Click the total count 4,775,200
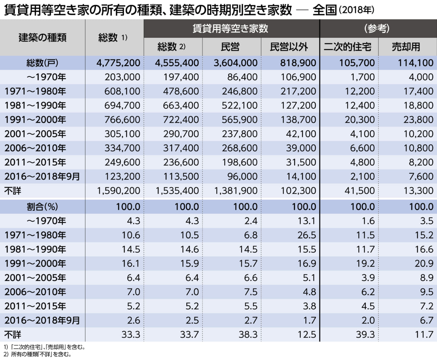118,63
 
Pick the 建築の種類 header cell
43,37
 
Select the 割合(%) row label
42,207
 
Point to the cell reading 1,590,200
118,190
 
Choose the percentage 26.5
306,235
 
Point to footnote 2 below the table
37,353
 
